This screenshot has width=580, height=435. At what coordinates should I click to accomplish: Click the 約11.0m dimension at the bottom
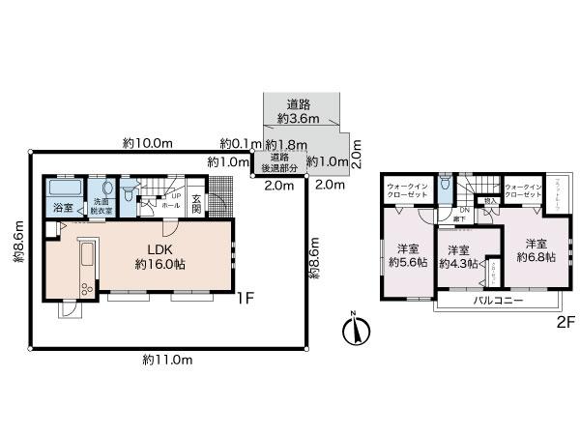click(167, 360)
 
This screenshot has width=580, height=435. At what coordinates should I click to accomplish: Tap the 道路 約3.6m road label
click(298, 111)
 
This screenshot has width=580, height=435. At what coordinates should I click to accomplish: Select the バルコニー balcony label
click(498, 301)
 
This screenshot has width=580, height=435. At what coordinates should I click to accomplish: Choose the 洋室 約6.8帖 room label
click(535, 250)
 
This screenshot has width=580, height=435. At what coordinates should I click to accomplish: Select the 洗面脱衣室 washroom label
click(101, 205)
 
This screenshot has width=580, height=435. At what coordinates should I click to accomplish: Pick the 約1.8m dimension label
click(280, 144)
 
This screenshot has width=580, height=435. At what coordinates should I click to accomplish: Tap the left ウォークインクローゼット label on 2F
click(407, 189)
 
